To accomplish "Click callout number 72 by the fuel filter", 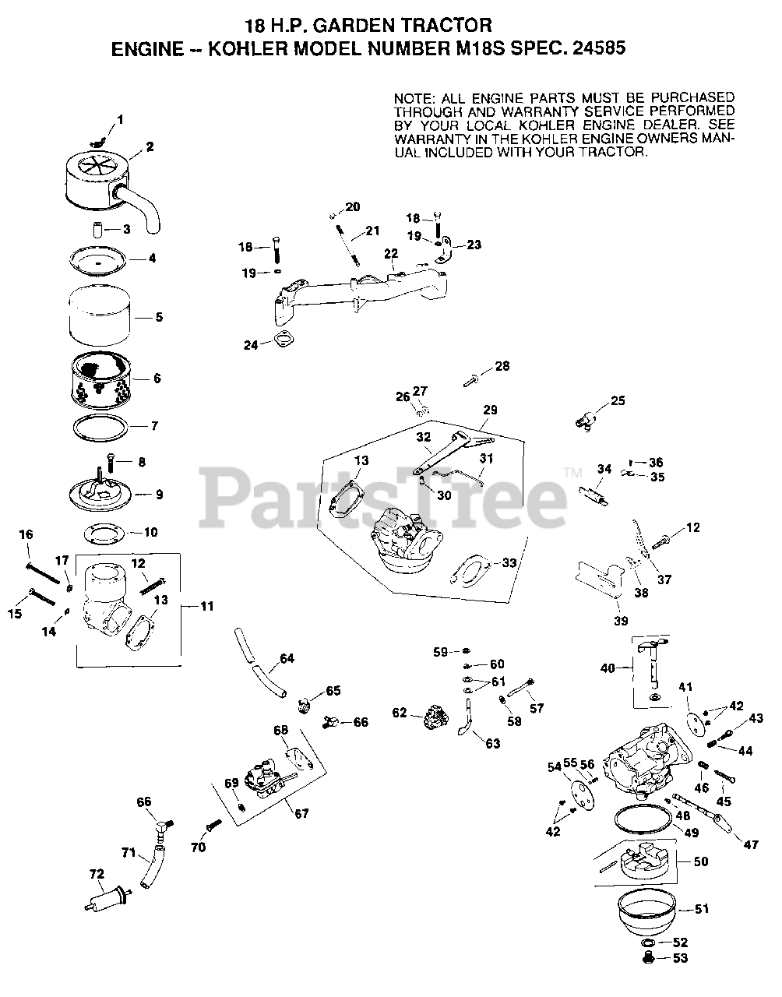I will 96,875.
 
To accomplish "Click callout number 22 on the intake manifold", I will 391,254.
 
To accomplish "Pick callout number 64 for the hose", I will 287,659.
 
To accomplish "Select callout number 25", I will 618,401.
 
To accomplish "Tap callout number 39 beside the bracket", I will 620,620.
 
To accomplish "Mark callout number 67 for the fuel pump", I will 301,813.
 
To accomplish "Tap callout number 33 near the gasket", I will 509,562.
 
